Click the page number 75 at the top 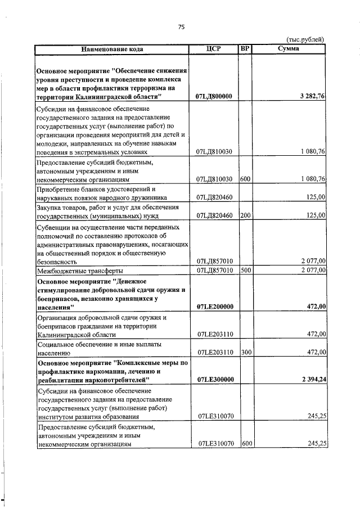coord(181,26)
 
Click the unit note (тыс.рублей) coord(305,39)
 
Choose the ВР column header coord(245,49)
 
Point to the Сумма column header coord(288,49)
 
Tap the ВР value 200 coord(245,215)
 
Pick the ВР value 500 coord(245,270)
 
